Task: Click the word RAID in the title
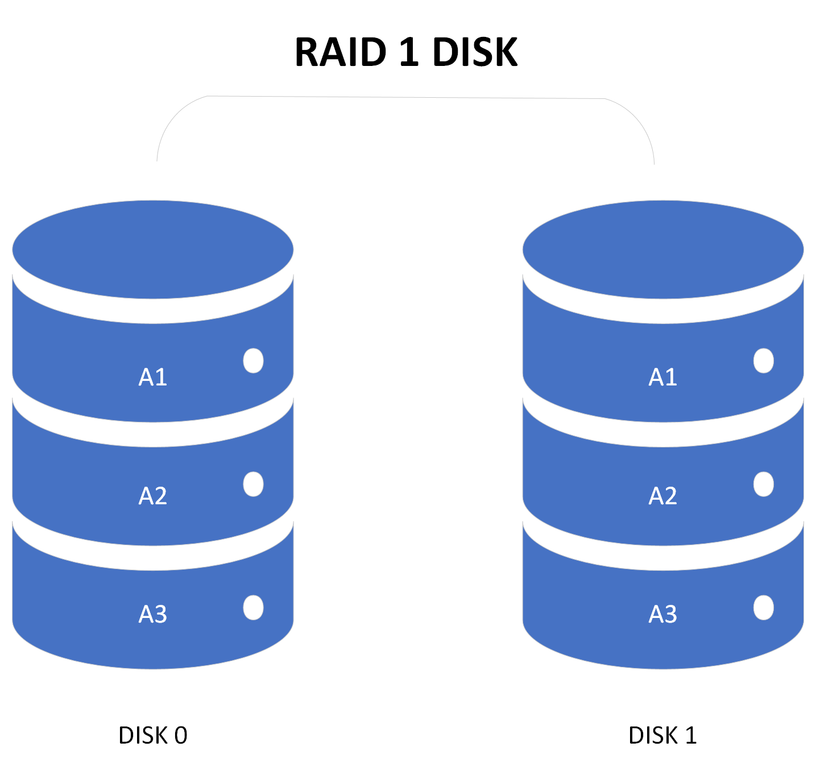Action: click(341, 52)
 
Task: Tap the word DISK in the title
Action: click(475, 52)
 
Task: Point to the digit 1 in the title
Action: click(409, 52)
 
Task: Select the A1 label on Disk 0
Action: click(152, 377)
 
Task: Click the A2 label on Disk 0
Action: click(152, 496)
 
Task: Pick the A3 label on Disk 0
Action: click(152, 614)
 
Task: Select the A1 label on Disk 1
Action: click(662, 377)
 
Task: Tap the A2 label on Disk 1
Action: click(662, 496)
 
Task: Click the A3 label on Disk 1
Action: click(662, 614)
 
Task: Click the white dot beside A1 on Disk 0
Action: click(253, 360)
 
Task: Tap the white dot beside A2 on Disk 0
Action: click(253, 484)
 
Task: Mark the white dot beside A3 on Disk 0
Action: click(253, 608)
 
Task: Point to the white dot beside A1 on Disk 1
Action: click(763, 360)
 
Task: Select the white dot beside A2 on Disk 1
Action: click(763, 484)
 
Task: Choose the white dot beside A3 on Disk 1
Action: click(763, 608)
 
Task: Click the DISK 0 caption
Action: click(152, 735)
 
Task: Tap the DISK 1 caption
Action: click(662, 735)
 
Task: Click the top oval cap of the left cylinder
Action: click(152, 249)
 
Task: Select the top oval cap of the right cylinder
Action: click(662, 249)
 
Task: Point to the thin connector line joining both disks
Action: click(406, 97)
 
